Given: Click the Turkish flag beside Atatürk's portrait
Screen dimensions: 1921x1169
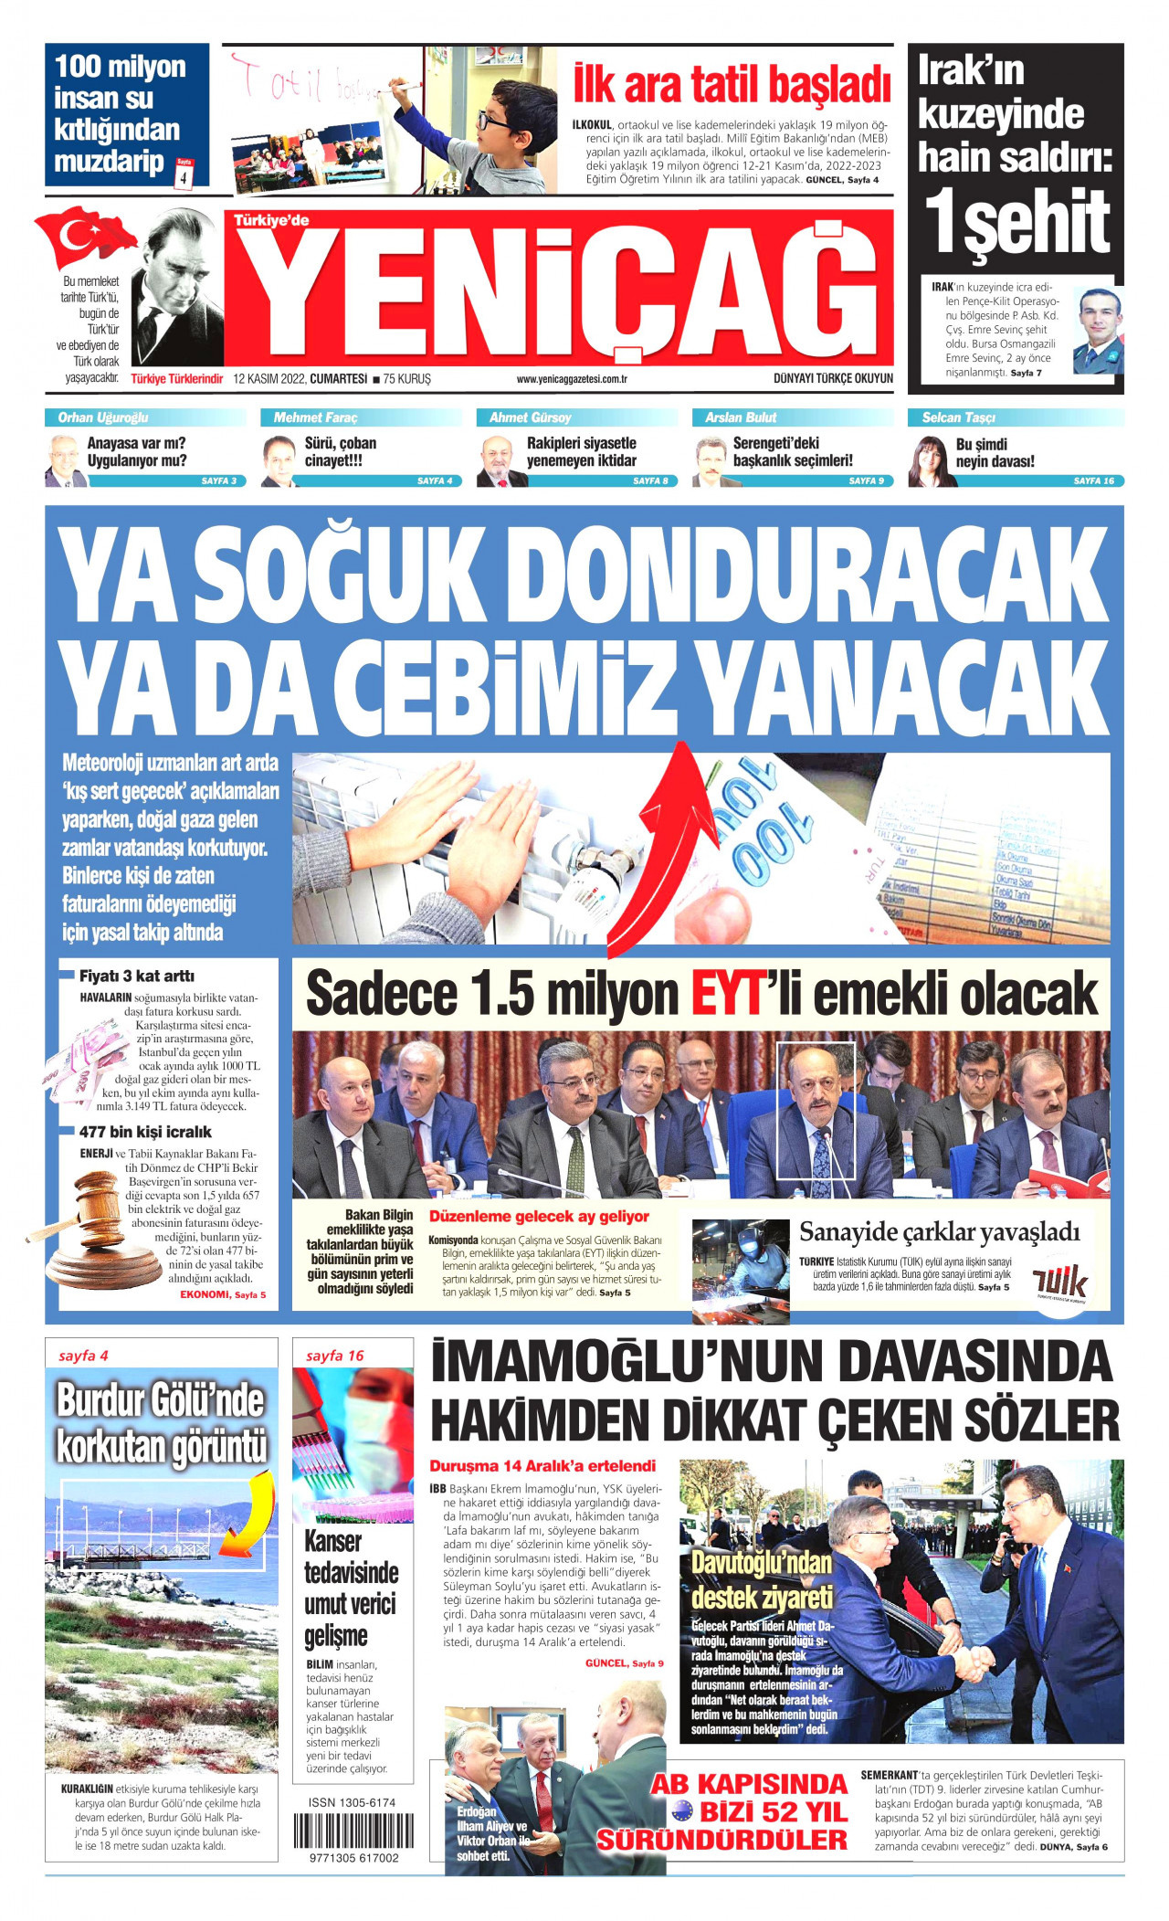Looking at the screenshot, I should tap(84, 237).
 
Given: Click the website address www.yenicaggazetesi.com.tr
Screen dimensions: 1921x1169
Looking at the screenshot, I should tap(571, 379).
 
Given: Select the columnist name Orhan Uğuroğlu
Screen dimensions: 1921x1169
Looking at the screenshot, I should tap(103, 417).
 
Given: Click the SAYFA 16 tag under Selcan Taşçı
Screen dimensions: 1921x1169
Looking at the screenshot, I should tap(1093, 480).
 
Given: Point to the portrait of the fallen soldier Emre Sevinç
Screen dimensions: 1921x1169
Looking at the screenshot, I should tap(1097, 331).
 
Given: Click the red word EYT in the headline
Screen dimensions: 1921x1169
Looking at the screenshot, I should tap(726, 994).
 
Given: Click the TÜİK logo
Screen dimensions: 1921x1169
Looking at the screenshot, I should tap(1059, 1282).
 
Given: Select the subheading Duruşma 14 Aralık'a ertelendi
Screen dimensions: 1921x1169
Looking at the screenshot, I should tap(542, 1466).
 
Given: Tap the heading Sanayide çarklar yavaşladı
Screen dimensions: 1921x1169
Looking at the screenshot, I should tap(939, 1232).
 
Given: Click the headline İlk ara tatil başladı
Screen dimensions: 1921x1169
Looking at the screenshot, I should tap(731, 85).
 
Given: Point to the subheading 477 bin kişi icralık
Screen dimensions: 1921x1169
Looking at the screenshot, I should tap(145, 1132).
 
